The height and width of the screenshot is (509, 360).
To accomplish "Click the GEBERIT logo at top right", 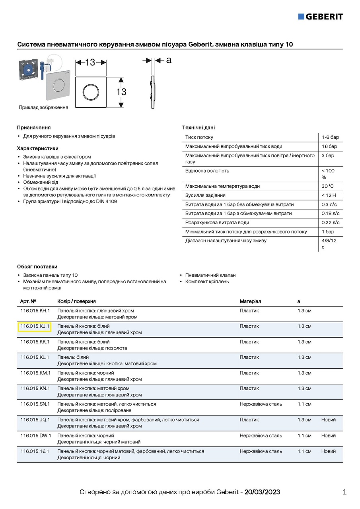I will tap(320, 16).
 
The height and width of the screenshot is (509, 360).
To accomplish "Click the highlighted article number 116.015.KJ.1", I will tap(35, 326).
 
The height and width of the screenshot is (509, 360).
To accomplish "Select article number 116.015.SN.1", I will tap(35, 404).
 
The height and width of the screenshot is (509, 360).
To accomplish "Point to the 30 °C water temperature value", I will tap(327, 186).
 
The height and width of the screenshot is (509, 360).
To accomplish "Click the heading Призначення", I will tap(34, 128).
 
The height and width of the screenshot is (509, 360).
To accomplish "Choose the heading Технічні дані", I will tap(198, 128).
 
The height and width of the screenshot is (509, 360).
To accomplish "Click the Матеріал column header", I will tap(250, 301).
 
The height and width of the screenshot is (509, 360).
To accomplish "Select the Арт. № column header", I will tap(28, 301).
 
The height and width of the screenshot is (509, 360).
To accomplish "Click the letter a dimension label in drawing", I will tap(169, 60).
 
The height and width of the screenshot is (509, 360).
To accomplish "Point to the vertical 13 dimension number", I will tap(121, 92).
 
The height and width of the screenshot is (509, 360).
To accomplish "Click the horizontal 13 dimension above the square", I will tap(90, 62).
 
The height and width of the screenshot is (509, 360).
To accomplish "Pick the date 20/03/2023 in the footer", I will tap(262, 492).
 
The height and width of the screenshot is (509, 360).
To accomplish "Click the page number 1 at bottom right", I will tap(344, 492).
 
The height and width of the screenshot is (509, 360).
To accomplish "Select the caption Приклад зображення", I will tap(43, 107).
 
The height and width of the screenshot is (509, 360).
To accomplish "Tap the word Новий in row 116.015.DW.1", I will tap(329, 435).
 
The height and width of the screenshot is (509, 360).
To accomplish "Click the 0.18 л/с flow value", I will tap(330, 214).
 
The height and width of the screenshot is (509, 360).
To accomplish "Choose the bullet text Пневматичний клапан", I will tap(210, 275).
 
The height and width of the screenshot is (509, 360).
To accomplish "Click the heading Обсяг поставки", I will tap(37, 266).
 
